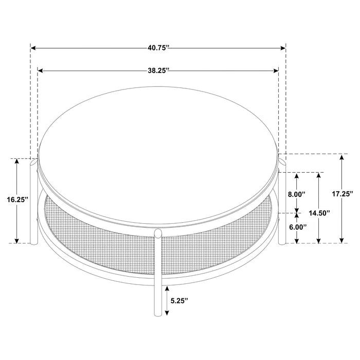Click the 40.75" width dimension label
point(158,48)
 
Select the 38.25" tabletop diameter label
point(158,71)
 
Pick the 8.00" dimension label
point(297,194)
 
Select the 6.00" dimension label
point(297,226)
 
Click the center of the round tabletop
point(159,154)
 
